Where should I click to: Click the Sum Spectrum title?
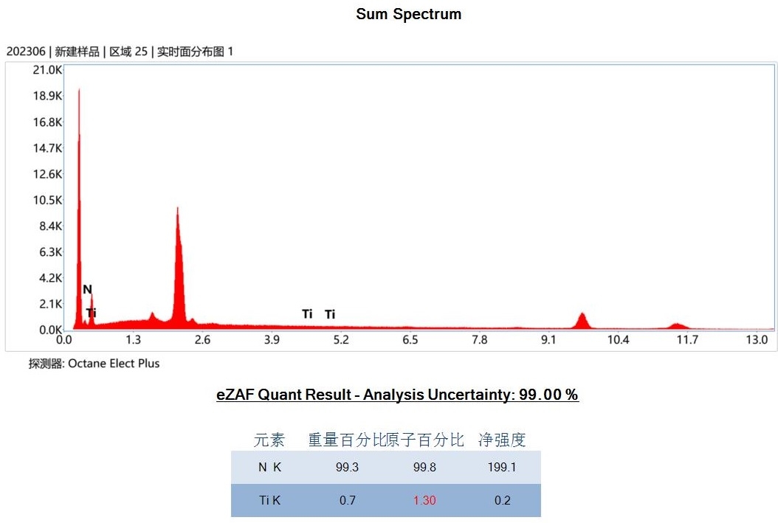(x=408, y=14)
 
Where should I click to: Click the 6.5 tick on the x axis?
(x=410, y=340)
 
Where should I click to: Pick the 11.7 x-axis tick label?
(x=687, y=340)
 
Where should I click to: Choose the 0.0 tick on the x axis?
(x=64, y=340)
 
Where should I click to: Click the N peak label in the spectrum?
(x=87, y=289)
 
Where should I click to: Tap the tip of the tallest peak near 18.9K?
(x=79, y=90)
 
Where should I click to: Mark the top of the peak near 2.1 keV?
(x=177, y=209)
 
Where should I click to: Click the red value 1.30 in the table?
(x=424, y=500)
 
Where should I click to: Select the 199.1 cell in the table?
(x=502, y=467)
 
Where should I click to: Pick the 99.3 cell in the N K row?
(x=347, y=467)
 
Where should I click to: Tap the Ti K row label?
(x=269, y=500)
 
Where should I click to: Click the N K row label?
(x=269, y=467)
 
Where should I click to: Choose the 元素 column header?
(x=269, y=440)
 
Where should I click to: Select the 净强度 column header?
(x=502, y=440)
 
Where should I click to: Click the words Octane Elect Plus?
(x=114, y=364)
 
